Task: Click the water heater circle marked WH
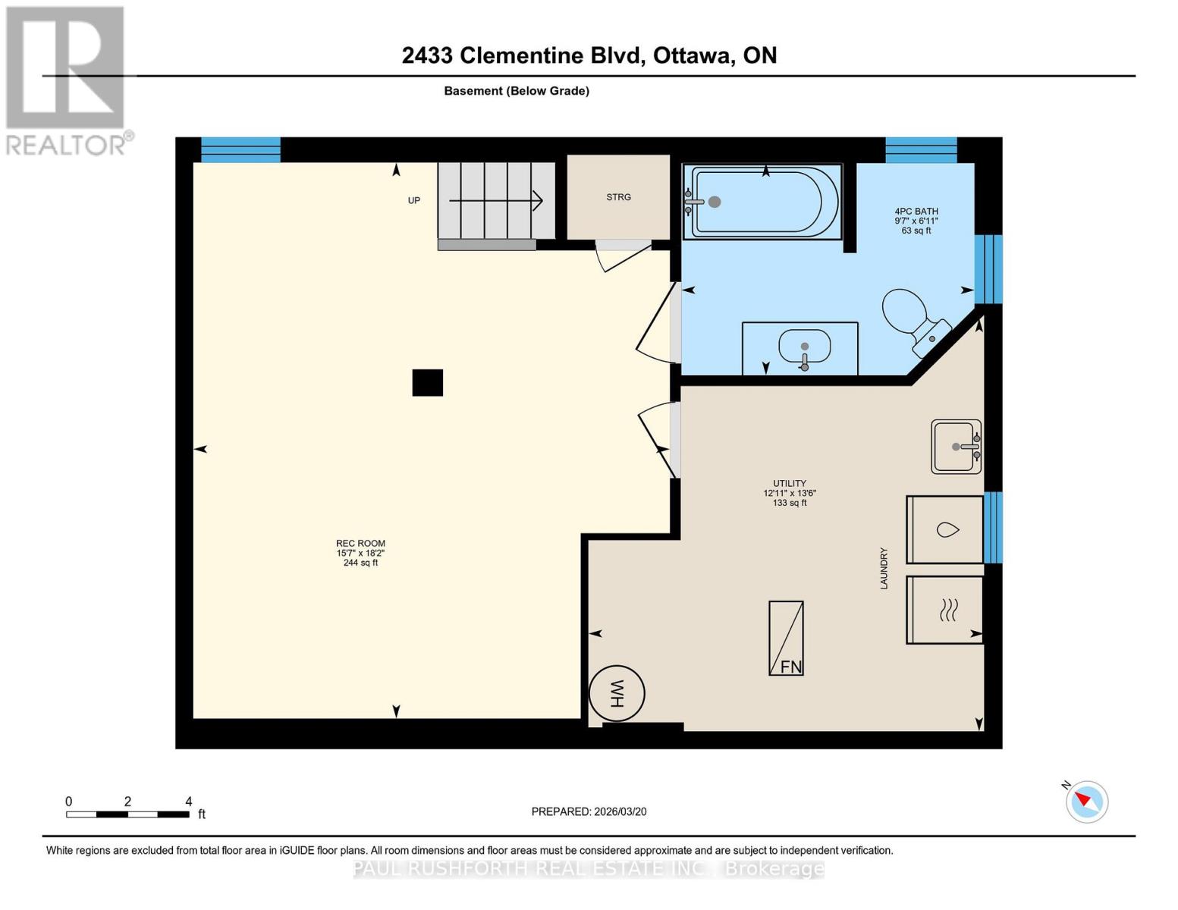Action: click(x=617, y=693)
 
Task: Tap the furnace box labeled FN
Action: click(x=786, y=638)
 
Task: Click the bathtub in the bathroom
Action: click(x=763, y=202)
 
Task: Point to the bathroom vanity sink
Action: click(x=804, y=347)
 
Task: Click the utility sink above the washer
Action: click(x=956, y=447)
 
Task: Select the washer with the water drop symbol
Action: click(x=944, y=529)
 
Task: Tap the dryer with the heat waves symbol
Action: click(x=944, y=610)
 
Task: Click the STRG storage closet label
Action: click(x=618, y=197)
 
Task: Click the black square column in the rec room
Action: click(x=427, y=383)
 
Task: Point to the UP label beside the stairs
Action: click(x=414, y=201)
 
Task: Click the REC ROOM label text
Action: click(x=360, y=544)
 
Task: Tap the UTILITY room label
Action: click(x=790, y=483)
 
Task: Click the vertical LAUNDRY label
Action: click(x=884, y=568)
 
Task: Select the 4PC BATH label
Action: click(x=916, y=212)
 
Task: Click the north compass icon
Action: click(x=1086, y=801)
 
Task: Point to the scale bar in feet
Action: click(x=127, y=814)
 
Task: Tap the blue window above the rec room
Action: click(x=240, y=149)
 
